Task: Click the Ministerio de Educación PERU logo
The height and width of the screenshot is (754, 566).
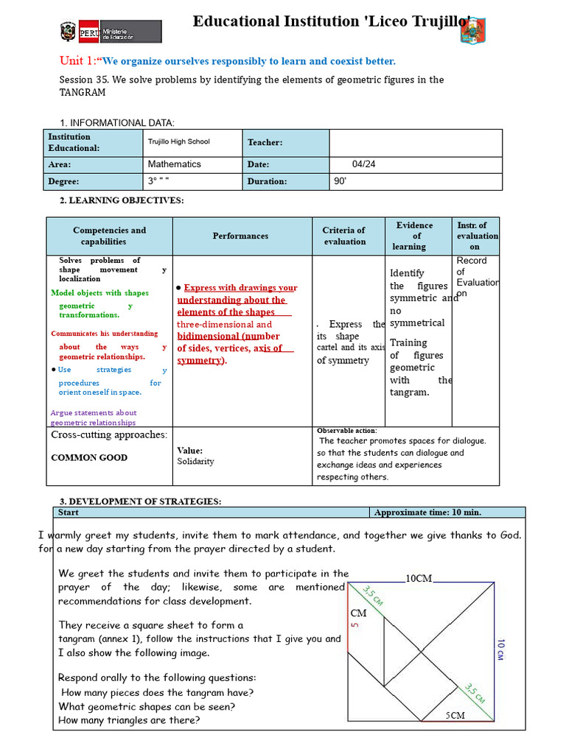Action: point(111,32)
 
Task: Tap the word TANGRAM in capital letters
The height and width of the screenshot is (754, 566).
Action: point(82,93)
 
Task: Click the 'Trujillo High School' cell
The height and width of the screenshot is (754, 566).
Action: point(178,142)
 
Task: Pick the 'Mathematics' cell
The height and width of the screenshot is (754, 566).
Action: point(174,164)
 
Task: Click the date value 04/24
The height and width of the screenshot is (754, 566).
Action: point(363,164)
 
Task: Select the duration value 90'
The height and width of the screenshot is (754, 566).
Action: point(340,181)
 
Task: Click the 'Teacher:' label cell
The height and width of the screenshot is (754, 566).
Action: point(265,142)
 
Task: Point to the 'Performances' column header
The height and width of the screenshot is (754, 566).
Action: point(240,236)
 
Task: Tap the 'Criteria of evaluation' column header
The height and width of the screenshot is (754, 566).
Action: point(344,236)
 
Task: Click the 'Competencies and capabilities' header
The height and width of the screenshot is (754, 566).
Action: point(109,236)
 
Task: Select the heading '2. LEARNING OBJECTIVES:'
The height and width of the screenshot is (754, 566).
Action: point(122,200)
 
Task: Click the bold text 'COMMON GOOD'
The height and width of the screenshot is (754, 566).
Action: point(89,457)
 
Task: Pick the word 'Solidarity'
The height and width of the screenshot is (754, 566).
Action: point(195,462)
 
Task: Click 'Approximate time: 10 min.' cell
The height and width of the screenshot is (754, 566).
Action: point(427,512)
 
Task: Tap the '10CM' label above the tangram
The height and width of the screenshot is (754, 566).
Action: point(419,579)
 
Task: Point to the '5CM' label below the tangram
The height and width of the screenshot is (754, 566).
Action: point(455,715)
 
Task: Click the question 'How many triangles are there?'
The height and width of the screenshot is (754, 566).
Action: point(129,720)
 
